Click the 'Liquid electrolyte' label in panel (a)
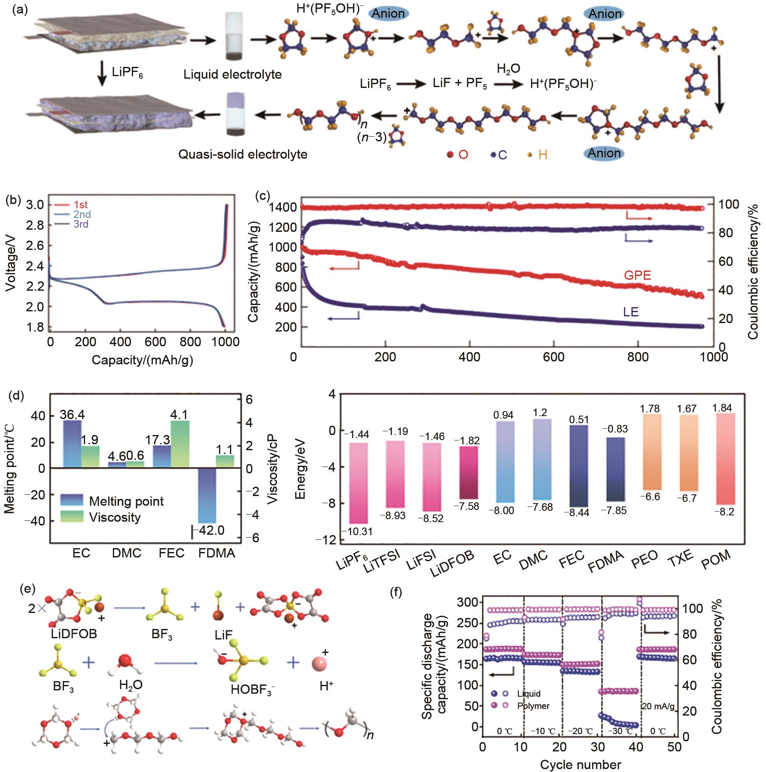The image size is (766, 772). coord(232,75)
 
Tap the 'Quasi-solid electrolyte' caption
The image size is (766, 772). coord(243,154)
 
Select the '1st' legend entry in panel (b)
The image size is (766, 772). coord(80,205)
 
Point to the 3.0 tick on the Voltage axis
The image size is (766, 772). coord(35,205)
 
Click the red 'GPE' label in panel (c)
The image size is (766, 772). coord(637,276)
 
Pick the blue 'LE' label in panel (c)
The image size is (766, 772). coord(631,312)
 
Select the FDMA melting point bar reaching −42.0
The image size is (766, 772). coord(207,496)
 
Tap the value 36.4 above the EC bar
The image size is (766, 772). coord(72,415)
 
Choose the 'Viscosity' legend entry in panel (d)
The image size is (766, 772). coord(115,517)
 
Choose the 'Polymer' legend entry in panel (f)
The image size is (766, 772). coord(533,706)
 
